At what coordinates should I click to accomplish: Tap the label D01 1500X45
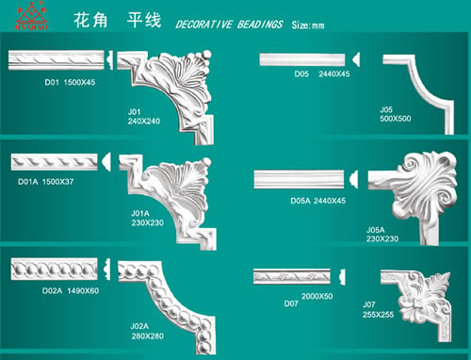(x=71, y=82)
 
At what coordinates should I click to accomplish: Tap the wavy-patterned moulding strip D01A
(x=58, y=161)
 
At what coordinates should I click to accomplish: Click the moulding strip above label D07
(x=298, y=277)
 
